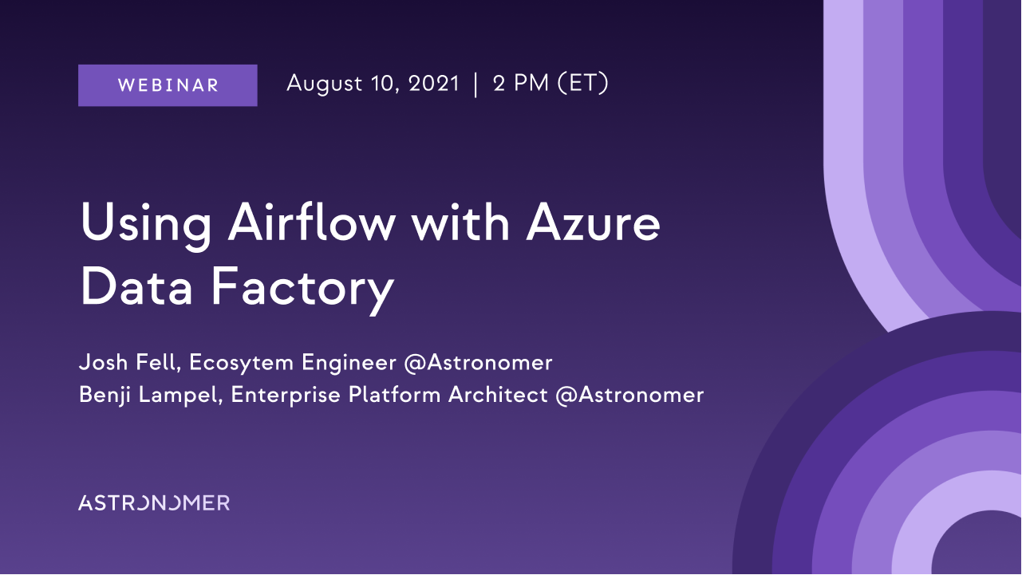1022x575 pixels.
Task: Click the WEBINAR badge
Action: [x=168, y=85]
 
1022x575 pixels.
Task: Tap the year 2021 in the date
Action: [x=433, y=84]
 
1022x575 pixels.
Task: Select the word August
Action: [x=325, y=85]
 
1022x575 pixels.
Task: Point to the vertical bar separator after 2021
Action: [x=475, y=85]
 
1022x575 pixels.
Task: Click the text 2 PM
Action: [x=521, y=84]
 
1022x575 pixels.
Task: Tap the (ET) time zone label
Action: [x=583, y=84]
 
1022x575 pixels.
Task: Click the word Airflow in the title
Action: [x=312, y=222]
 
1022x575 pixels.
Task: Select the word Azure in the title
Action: [x=593, y=223]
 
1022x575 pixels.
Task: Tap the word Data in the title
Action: [x=136, y=287]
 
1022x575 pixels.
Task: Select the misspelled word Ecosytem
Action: [x=241, y=364]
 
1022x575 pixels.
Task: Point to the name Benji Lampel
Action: [x=151, y=396]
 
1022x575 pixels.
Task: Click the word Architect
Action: [x=498, y=395]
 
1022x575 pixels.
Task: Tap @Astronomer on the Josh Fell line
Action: [x=478, y=364]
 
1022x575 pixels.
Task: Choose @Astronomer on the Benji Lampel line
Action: [x=630, y=396]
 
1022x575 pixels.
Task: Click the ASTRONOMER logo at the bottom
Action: [x=154, y=503]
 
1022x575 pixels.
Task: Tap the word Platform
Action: [x=394, y=395]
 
